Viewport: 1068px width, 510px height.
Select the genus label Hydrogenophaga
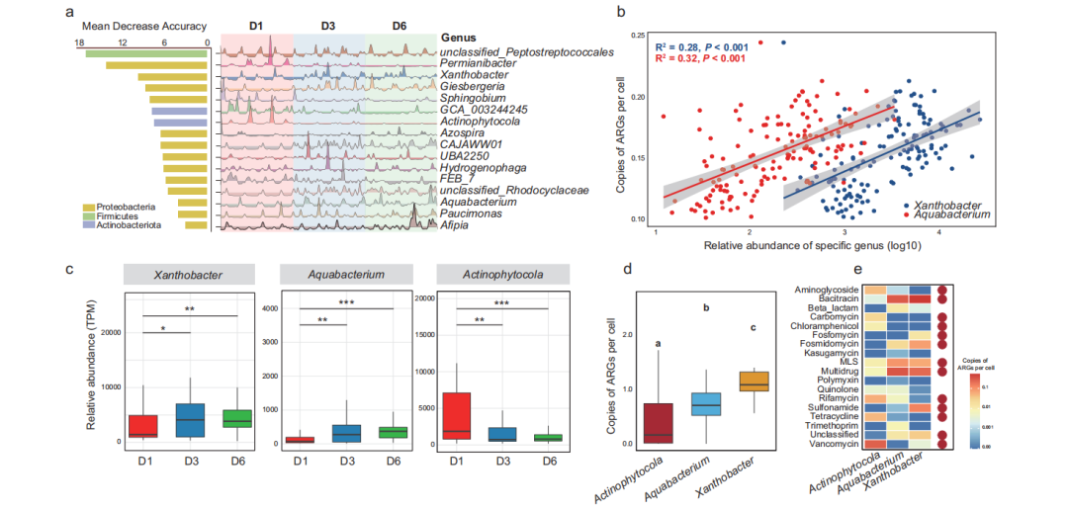coord(485,168)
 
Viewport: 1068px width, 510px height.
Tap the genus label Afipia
coord(461,226)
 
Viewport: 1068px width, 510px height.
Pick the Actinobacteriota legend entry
coord(128,225)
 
